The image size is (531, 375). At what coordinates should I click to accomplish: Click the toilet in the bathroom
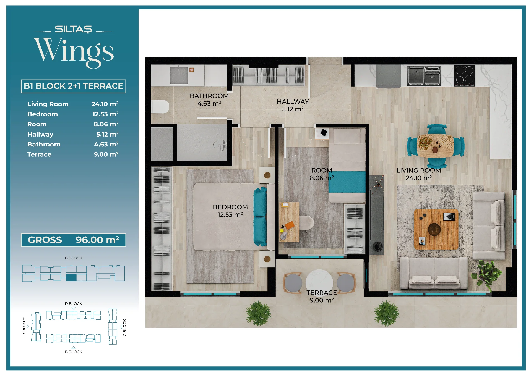tap(160, 107)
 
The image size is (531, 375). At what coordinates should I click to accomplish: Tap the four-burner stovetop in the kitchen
tap(464, 75)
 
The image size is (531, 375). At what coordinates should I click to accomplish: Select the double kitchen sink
tap(424, 76)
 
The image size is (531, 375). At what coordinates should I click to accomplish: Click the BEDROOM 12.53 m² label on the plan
tap(230, 211)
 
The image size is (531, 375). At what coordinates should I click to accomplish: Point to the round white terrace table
tap(319, 282)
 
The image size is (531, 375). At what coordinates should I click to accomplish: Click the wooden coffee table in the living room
tap(436, 229)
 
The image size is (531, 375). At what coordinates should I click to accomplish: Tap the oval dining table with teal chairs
tap(435, 146)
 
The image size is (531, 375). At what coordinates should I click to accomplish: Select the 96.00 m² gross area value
tap(97, 240)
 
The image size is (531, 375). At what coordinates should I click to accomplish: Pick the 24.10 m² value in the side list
tap(105, 104)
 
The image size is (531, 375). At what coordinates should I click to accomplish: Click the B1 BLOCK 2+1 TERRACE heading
tap(73, 86)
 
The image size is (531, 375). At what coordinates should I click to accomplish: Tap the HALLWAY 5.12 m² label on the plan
tap(293, 105)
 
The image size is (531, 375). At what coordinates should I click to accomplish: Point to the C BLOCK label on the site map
tap(124, 327)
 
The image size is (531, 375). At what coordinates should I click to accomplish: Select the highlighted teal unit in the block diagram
tap(71, 277)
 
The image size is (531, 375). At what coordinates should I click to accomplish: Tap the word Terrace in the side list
tap(39, 154)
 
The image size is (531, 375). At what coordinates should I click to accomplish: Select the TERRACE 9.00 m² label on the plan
tap(322, 296)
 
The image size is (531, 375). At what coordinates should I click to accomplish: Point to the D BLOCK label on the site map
tap(73, 303)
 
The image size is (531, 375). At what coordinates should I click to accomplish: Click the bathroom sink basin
tap(179, 75)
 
